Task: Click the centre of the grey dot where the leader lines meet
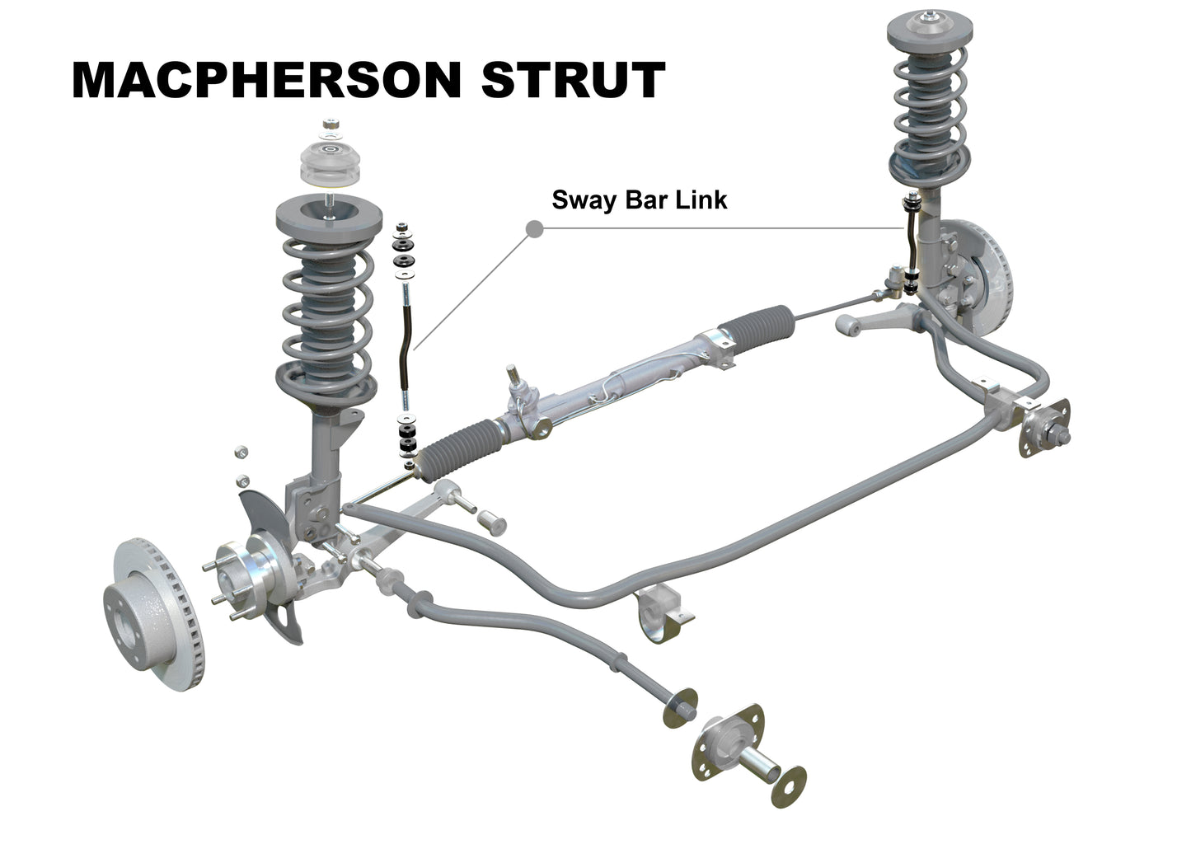click(x=534, y=229)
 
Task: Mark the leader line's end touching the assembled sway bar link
click(x=903, y=228)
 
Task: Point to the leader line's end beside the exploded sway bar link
click(x=415, y=349)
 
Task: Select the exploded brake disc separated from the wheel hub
click(x=153, y=614)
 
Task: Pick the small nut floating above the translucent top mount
click(x=331, y=124)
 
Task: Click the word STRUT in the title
click(x=573, y=80)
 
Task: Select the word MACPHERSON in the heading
click(x=266, y=80)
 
